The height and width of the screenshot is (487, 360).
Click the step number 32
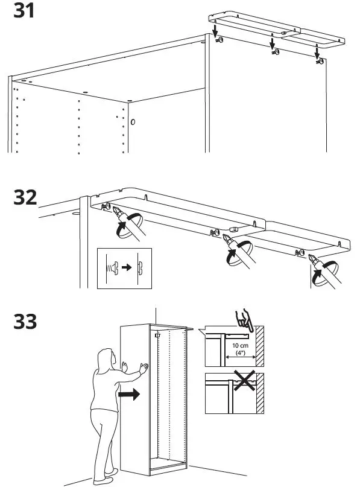coord(25,197)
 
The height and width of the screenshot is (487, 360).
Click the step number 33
coord(25,322)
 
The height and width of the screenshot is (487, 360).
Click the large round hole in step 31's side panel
coord(133,122)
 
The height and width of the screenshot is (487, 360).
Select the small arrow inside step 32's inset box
coord(124,266)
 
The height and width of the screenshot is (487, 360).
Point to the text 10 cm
coord(237,345)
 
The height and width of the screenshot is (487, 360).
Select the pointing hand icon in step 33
coord(244,319)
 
